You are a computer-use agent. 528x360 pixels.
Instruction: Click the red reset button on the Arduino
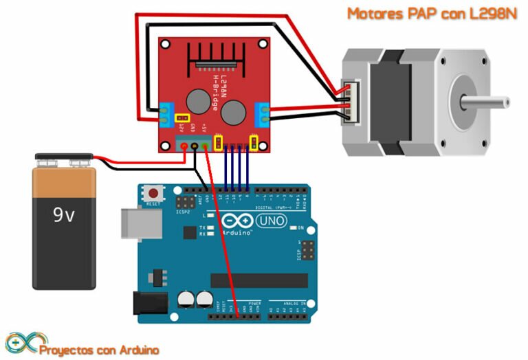tap(154, 194)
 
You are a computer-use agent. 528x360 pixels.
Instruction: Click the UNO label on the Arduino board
tap(272, 221)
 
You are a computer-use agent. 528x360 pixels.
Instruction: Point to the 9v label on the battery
tap(64, 215)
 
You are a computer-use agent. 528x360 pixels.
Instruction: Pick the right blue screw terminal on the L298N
tap(262, 114)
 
